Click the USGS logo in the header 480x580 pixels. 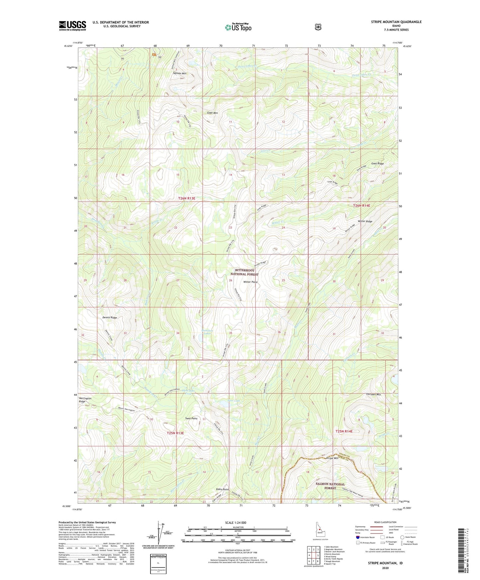(x=72, y=26)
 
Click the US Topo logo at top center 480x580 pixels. (x=238, y=27)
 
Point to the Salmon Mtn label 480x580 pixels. (x=180, y=73)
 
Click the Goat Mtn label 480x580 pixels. (x=212, y=113)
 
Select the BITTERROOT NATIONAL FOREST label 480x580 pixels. (x=244, y=272)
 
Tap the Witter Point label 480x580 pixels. (x=250, y=282)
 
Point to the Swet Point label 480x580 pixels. (x=191, y=419)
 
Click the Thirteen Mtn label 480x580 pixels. (x=373, y=394)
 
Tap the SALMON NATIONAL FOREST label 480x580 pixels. (x=330, y=486)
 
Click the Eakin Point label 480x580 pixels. (x=222, y=489)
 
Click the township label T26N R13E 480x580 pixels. (x=186, y=198)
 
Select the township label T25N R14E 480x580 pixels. (x=344, y=431)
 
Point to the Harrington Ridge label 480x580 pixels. (x=85, y=400)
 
